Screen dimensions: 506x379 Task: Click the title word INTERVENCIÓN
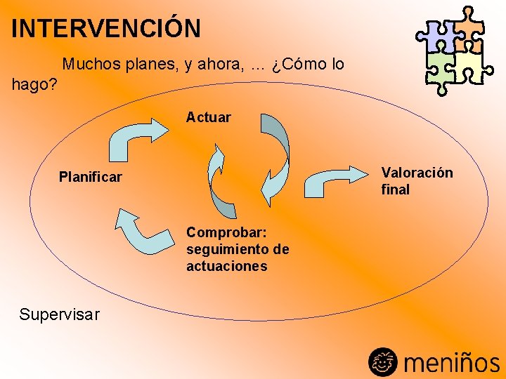[x=106, y=29]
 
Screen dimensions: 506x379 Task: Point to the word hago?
[x=34, y=86]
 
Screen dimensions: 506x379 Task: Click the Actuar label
[x=208, y=117]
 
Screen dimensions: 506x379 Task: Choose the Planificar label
[x=91, y=177]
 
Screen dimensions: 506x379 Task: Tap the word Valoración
[x=417, y=173]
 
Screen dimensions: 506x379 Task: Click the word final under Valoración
[x=395, y=189]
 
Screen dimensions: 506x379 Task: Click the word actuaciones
[x=226, y=266]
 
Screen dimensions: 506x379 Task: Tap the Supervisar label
[x=59, y=314]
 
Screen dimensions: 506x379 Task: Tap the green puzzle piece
[x=440, y=68]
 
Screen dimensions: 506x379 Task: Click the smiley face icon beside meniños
[x=383, y=361]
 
